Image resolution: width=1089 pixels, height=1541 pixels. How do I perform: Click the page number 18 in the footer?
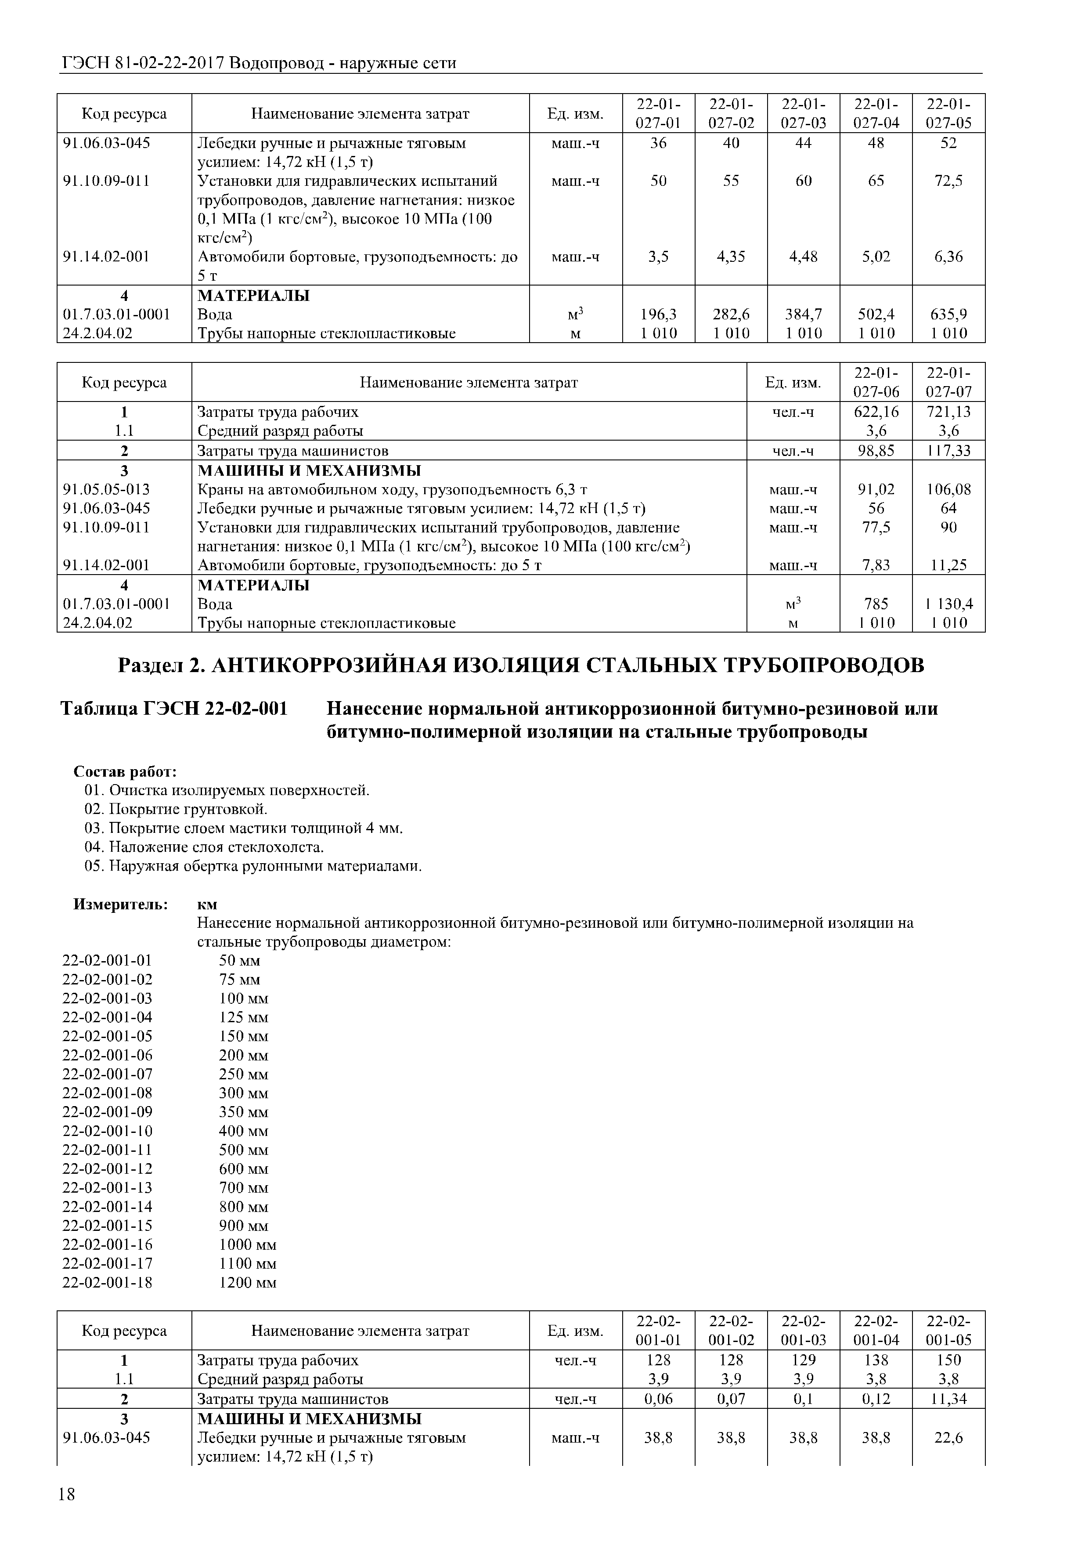[67, 1495]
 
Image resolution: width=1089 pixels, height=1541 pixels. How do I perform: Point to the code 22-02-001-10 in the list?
[107, 1131]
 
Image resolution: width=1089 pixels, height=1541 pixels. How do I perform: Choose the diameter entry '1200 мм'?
[248, 1283]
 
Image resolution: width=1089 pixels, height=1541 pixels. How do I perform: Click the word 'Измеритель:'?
[120, 904]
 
